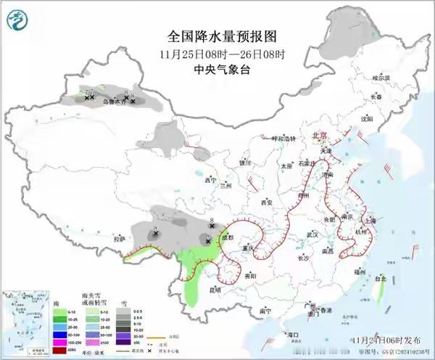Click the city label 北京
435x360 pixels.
click(319, 136)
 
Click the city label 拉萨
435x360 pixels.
click(119, 238)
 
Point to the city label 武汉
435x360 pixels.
click(312, 234)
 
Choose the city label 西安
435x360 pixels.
click(266, 202)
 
